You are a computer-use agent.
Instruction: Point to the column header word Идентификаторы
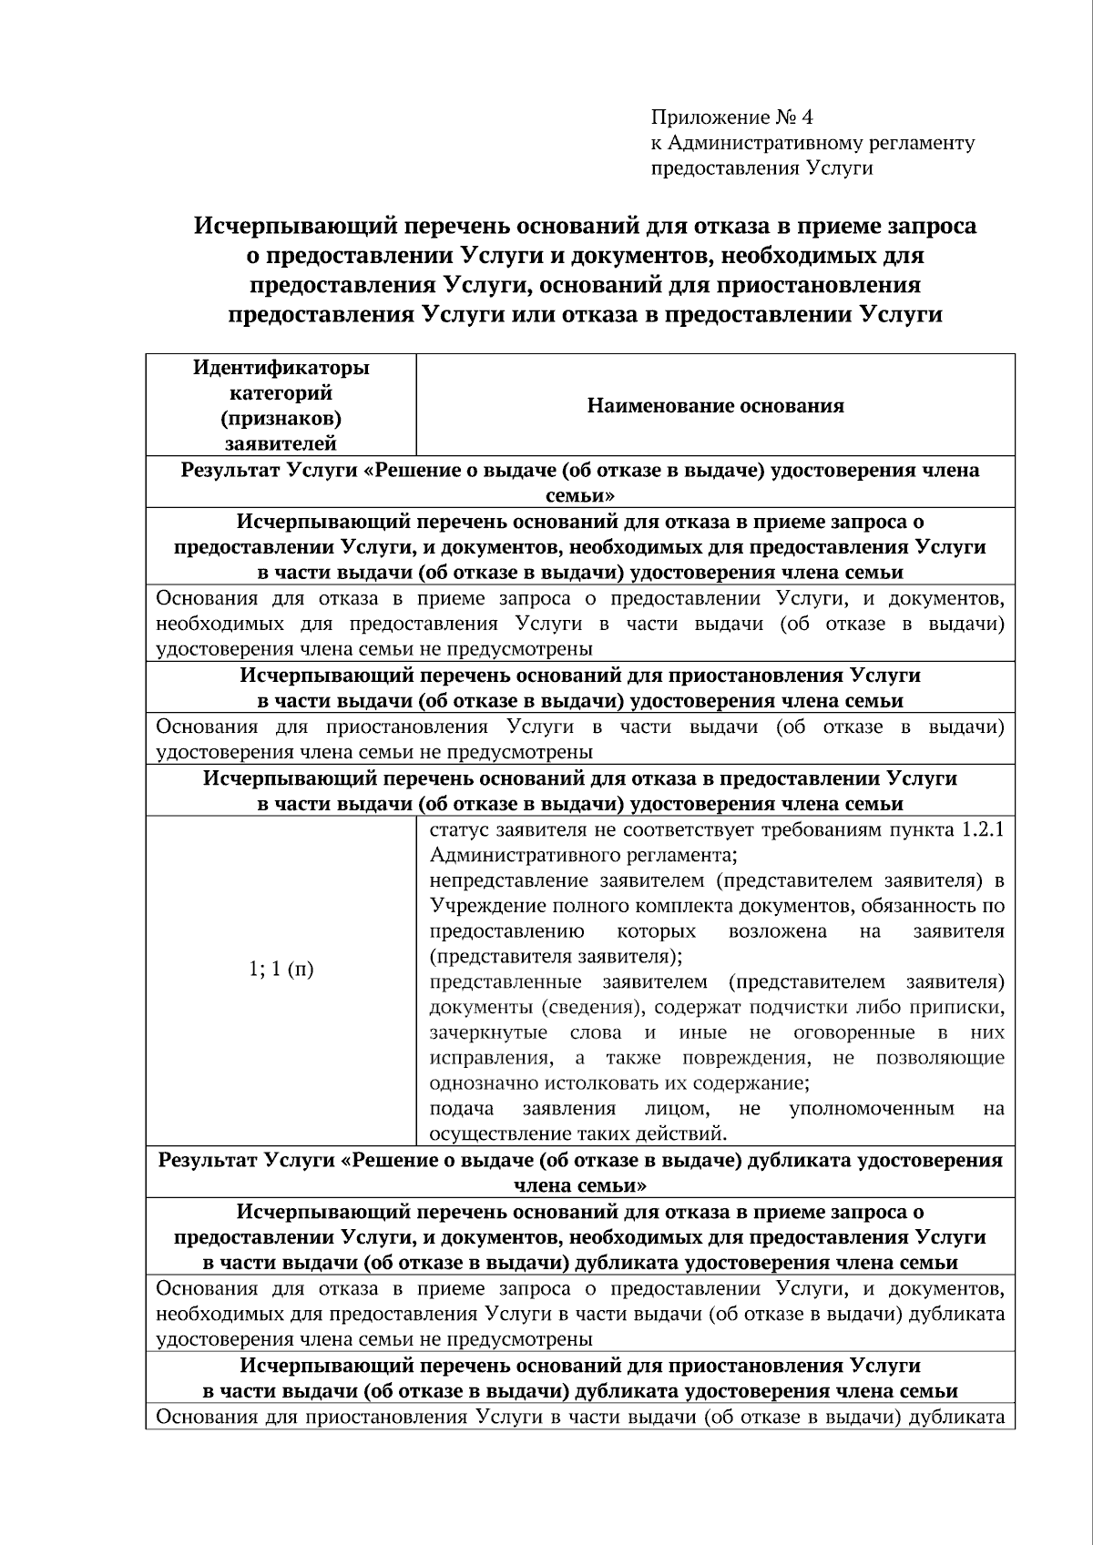pos(281,368)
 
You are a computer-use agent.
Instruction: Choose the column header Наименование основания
pos(715,405)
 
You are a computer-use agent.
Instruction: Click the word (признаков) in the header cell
pos(281,419)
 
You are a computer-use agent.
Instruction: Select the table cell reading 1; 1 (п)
pos(281,969)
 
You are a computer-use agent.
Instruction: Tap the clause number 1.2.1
pos(983,830)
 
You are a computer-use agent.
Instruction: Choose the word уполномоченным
pos(872,1109)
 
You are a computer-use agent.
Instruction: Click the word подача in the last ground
pos(461,1109)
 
